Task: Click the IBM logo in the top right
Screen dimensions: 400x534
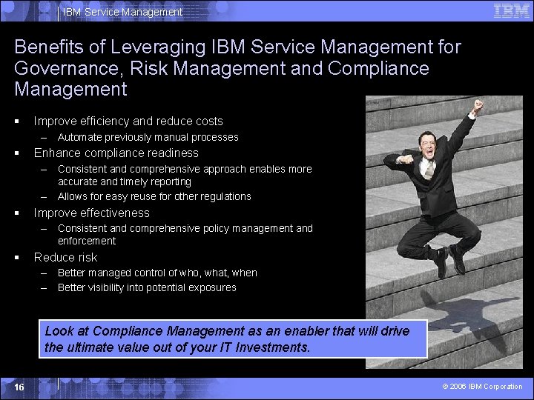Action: [x=511, y=11]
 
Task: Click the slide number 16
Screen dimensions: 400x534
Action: [x=19, y=387]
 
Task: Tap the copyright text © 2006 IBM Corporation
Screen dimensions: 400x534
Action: [x=482, y=387]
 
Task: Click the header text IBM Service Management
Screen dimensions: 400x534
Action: [x=122, y=12]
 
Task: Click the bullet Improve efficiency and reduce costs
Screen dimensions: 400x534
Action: [x=128, y=121]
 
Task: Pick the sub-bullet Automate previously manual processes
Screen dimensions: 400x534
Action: [x=148, y=137]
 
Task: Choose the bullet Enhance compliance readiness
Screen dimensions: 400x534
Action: [x=116, y=153]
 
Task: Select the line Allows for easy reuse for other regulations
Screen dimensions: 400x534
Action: [x=154, y=196]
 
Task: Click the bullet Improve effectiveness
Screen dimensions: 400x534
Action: [x=92, y=213]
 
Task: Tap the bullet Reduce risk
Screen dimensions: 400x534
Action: [x=66, y=258]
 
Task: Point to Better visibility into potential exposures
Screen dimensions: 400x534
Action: [x=147, y=287]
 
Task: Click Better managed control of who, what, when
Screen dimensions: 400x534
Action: [x=157, y=273]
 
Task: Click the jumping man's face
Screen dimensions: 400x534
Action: [x=428, y=142]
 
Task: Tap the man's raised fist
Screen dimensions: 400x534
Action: [x=478, y=105]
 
